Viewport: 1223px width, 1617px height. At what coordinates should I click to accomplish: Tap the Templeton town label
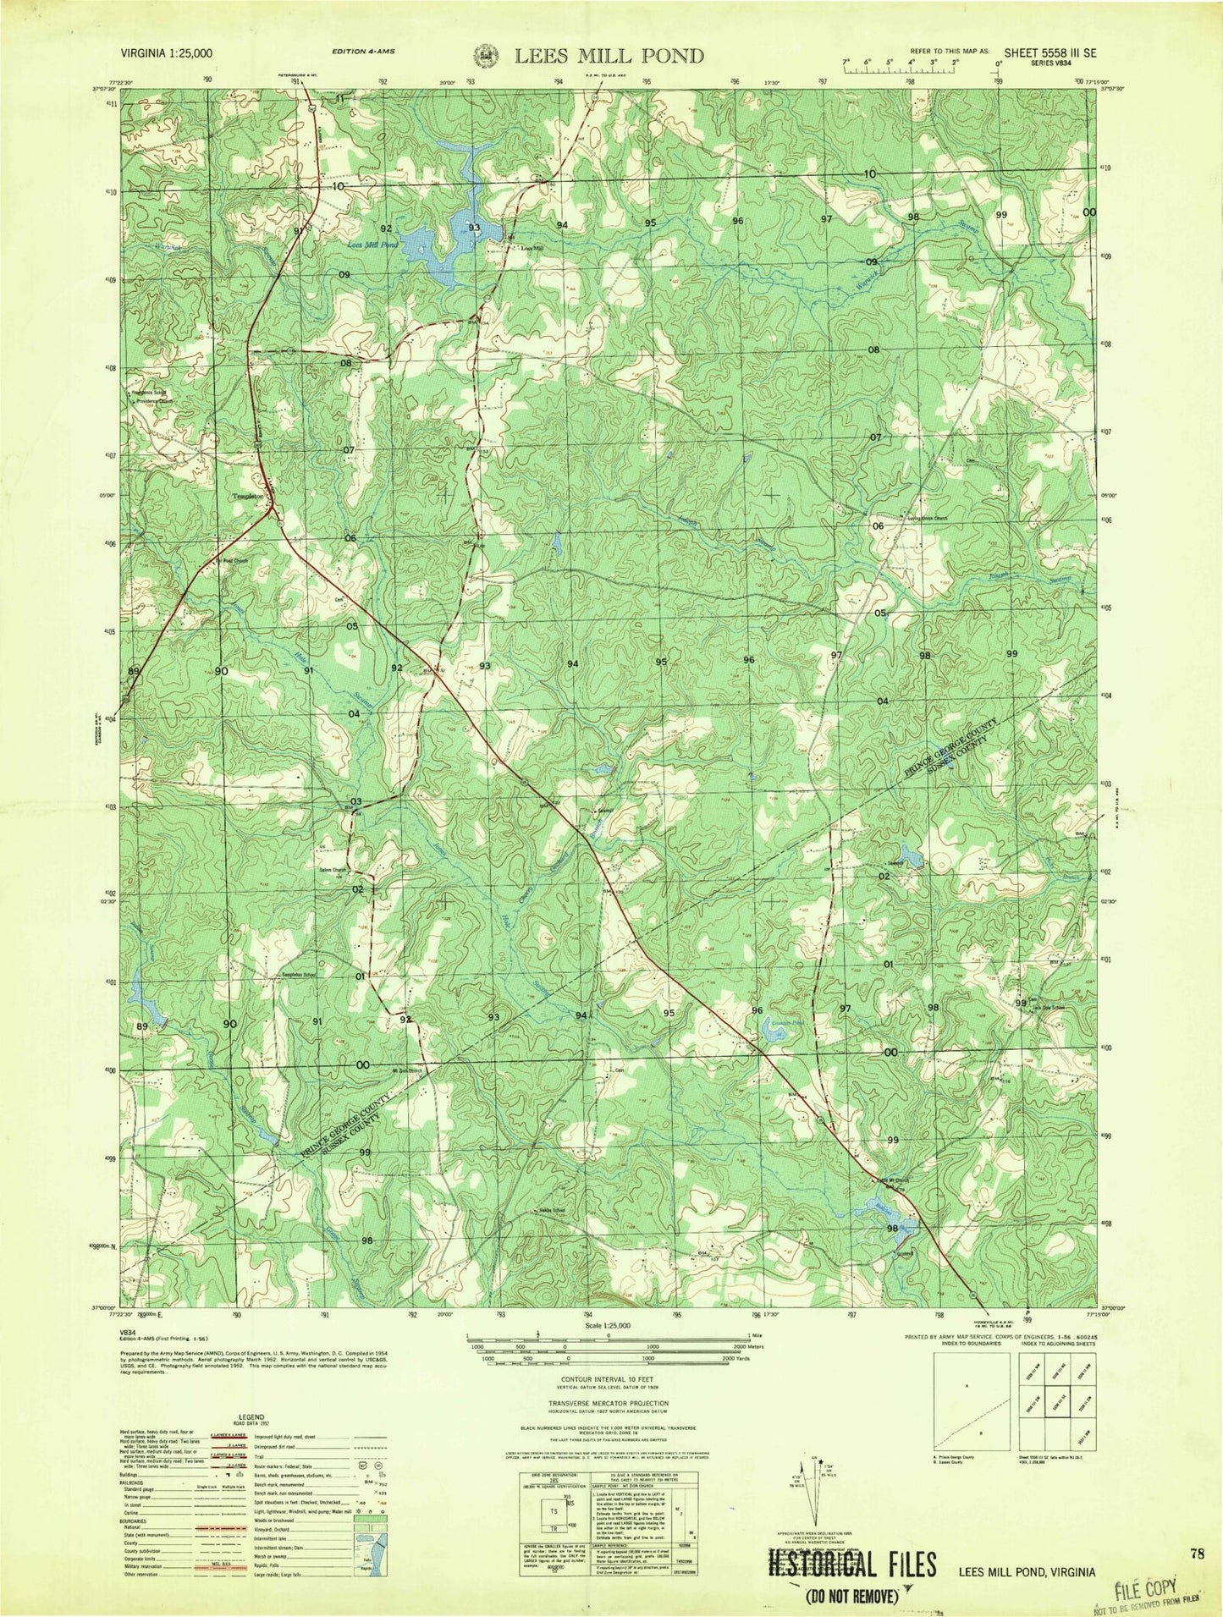[x=249, y=497]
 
